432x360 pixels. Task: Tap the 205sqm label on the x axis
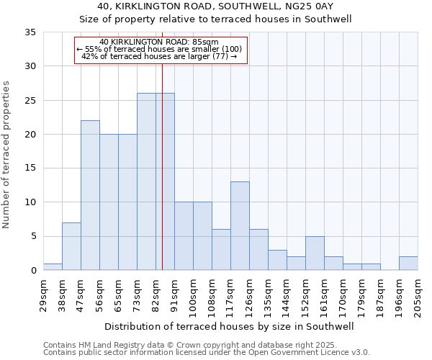418,295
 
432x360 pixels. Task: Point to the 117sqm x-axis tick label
230,295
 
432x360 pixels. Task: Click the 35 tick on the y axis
30,32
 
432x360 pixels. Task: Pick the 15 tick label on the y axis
30,168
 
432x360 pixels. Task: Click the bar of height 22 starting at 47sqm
90,195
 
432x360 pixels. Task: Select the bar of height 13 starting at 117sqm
240,226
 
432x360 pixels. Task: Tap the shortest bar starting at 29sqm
53,266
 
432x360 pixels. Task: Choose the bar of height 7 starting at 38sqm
71,246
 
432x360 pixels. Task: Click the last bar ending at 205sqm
408,264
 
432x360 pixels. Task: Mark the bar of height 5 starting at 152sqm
315,253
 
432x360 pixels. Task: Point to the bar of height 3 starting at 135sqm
277,260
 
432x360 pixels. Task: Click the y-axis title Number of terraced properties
7,155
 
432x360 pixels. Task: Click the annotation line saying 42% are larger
160,56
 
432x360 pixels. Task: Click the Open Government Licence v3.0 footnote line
207,353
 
